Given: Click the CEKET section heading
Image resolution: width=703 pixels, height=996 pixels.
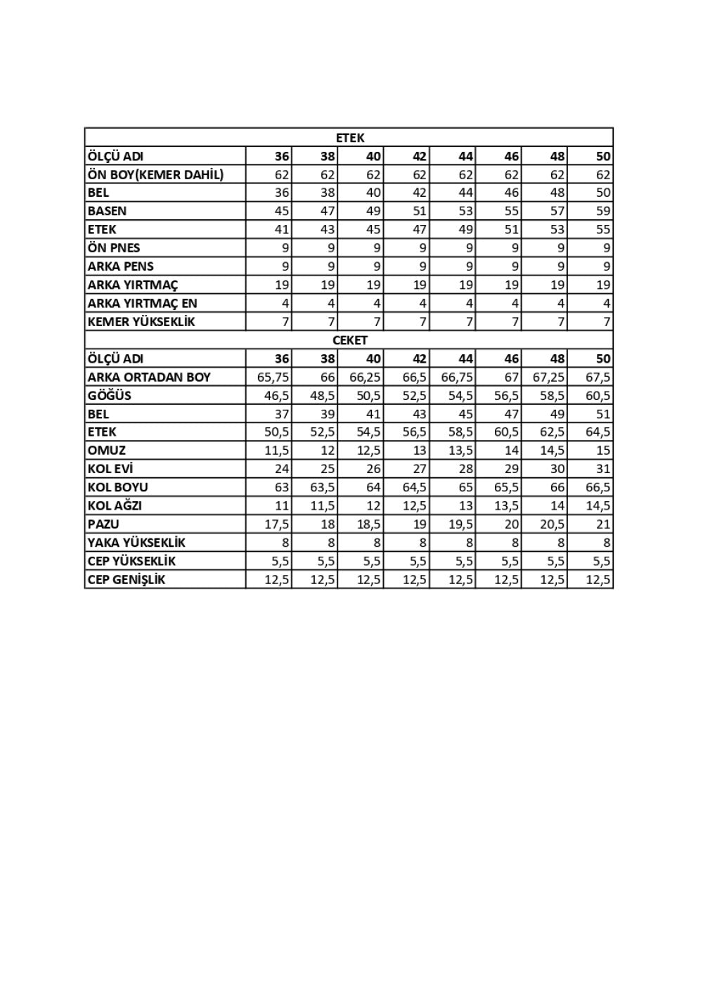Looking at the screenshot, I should coord(349,340).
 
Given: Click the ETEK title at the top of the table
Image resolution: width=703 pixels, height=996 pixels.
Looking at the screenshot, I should coord(349,138).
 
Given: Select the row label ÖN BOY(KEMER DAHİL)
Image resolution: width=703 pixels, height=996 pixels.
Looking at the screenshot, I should coord(155,175).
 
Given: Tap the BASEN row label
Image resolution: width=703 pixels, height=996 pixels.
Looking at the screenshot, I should coord(107,211).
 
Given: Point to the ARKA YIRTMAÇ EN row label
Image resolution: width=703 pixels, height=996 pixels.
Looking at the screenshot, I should coord(142,304).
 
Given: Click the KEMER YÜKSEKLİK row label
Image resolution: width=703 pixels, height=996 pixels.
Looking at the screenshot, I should coord(141,322).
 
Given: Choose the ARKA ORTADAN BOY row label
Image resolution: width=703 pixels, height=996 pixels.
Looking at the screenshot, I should coord(148,377).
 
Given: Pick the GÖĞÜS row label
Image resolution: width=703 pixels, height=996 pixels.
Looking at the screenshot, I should coord(109,396).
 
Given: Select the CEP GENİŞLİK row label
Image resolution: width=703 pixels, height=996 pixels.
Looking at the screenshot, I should coord(126,580).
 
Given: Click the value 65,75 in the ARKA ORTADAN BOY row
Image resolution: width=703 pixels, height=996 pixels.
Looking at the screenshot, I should coord(273,377).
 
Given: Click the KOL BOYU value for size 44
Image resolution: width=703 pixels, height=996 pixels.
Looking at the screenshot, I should coord(465,487).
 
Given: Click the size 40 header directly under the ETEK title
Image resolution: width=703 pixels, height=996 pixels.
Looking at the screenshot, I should coord(373,157).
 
